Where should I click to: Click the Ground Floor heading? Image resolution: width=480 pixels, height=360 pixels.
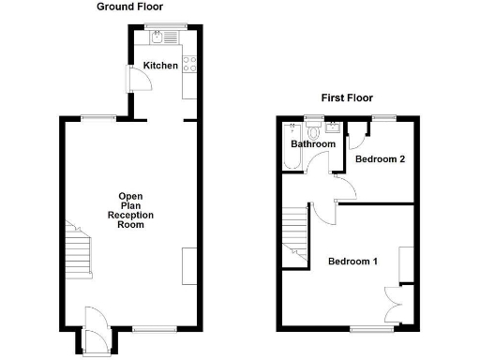pyautogui.click(x=126, y=7)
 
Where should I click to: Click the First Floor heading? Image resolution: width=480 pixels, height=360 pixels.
pyautogui.click(x=347, y=97)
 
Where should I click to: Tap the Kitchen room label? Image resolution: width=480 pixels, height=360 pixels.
pyautogui.click(x=160, y=66)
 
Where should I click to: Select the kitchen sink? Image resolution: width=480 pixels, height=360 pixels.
pyautogui.click(x=157, y=38)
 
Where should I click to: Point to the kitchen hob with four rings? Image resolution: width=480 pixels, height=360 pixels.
pyautogui.click(x=188, y=65)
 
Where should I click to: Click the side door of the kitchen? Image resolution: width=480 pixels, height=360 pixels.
pyautogui.click(x=140, y=79)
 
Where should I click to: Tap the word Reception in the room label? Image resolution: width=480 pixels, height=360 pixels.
pyautogui.click(x=130, y=216)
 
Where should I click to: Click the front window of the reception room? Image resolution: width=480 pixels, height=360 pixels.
pyautogui.click(x=150, y=329)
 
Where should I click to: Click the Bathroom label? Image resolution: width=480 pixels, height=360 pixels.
pyautogui.click(x=312, y=144)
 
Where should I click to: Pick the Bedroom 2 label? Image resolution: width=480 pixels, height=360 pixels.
pyautogui.click(x=381, y=159)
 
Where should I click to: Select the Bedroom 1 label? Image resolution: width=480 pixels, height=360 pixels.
pyautogui.click(x=352, y=261)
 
